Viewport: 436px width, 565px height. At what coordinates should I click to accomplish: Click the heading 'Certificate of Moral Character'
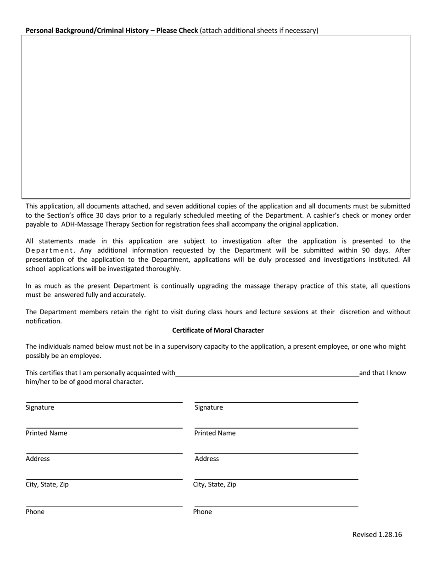point(218,330)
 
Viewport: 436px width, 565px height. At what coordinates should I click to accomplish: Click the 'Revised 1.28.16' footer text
point(377,534)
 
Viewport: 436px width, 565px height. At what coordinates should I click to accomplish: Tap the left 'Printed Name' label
point(46,433)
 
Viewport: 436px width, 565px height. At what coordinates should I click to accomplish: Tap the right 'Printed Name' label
point(215,433)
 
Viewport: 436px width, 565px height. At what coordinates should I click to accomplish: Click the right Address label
point(207,459)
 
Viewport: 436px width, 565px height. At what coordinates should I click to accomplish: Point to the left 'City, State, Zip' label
point(47,484)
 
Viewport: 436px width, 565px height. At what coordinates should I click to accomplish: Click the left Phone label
point(35,512)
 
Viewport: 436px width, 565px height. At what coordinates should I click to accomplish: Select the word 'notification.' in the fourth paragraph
point(44,321)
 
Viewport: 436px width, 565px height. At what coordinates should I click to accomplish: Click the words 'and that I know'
point(382,373)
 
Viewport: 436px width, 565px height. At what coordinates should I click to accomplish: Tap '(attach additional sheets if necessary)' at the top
point(259,31)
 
